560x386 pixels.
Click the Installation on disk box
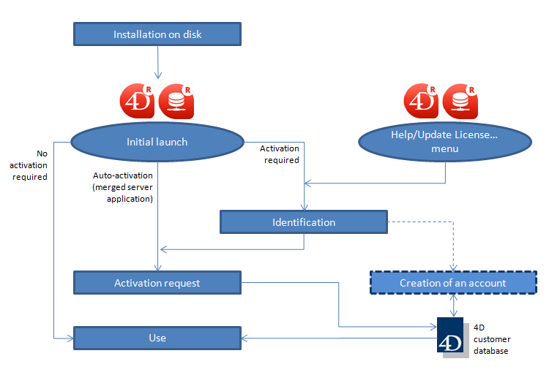(157, 34)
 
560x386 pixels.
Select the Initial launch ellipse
(156, 142)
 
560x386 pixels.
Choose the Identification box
(304, 222)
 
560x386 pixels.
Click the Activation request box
(157, 283)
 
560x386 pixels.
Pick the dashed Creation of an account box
(452, 283)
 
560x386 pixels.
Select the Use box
(157, 338)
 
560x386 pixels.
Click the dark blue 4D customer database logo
(448, 336)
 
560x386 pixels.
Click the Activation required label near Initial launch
(280, 154)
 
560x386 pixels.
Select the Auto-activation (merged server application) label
(123, 187)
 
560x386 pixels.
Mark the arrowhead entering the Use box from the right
(246, 338)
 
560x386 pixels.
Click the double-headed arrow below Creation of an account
(454, 306)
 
